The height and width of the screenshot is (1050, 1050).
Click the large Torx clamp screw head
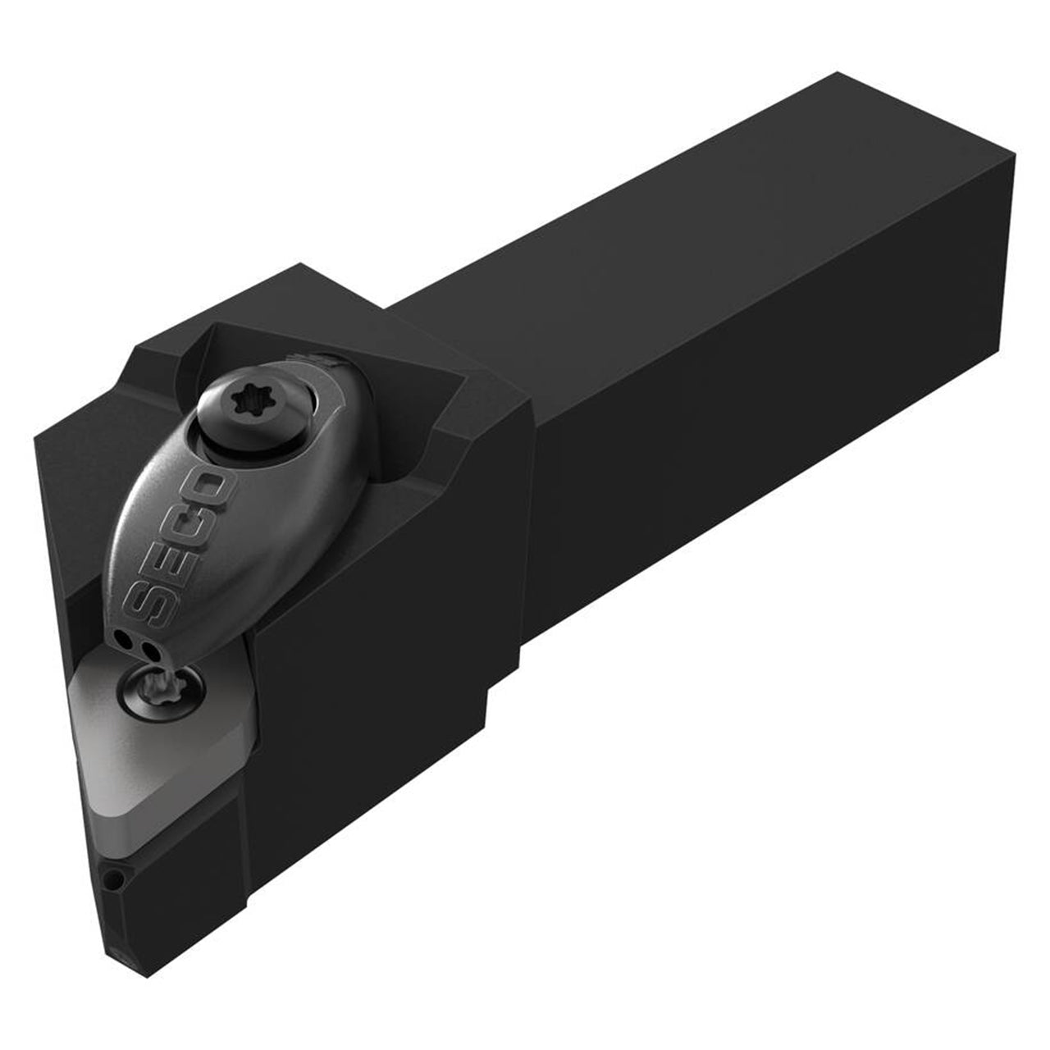(251, 406)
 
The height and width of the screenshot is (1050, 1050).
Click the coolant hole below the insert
(112, 879)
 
